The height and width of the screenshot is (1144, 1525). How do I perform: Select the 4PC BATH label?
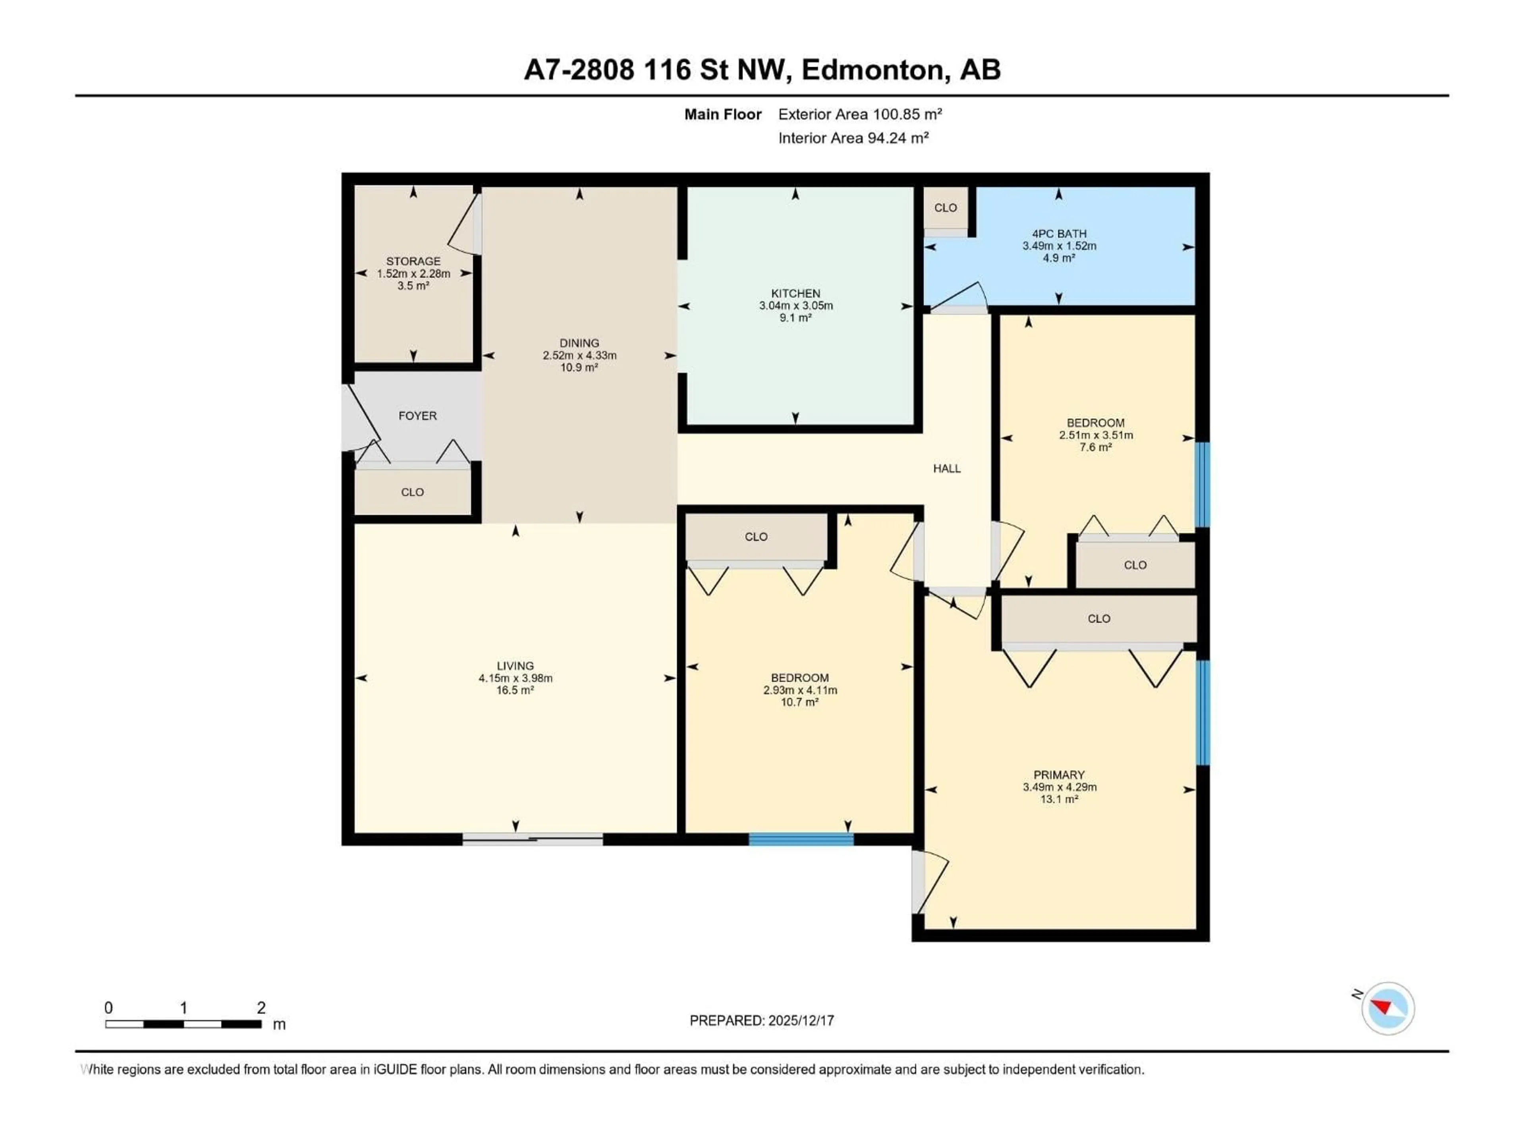(x=1059, y=234)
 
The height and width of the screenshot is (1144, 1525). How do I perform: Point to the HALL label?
(x=947, y=469)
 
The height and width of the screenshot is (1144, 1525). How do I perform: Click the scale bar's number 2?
(x=261, y=1007)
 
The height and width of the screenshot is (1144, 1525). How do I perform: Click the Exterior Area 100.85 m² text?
(x=860, y=114)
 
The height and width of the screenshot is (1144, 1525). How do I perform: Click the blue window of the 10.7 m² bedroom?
(x=801, y=839)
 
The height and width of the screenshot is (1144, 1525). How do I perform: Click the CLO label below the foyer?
(x=412, y=492)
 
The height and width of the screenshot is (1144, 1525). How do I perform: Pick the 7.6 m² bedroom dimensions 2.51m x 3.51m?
(x=1095, y=435)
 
